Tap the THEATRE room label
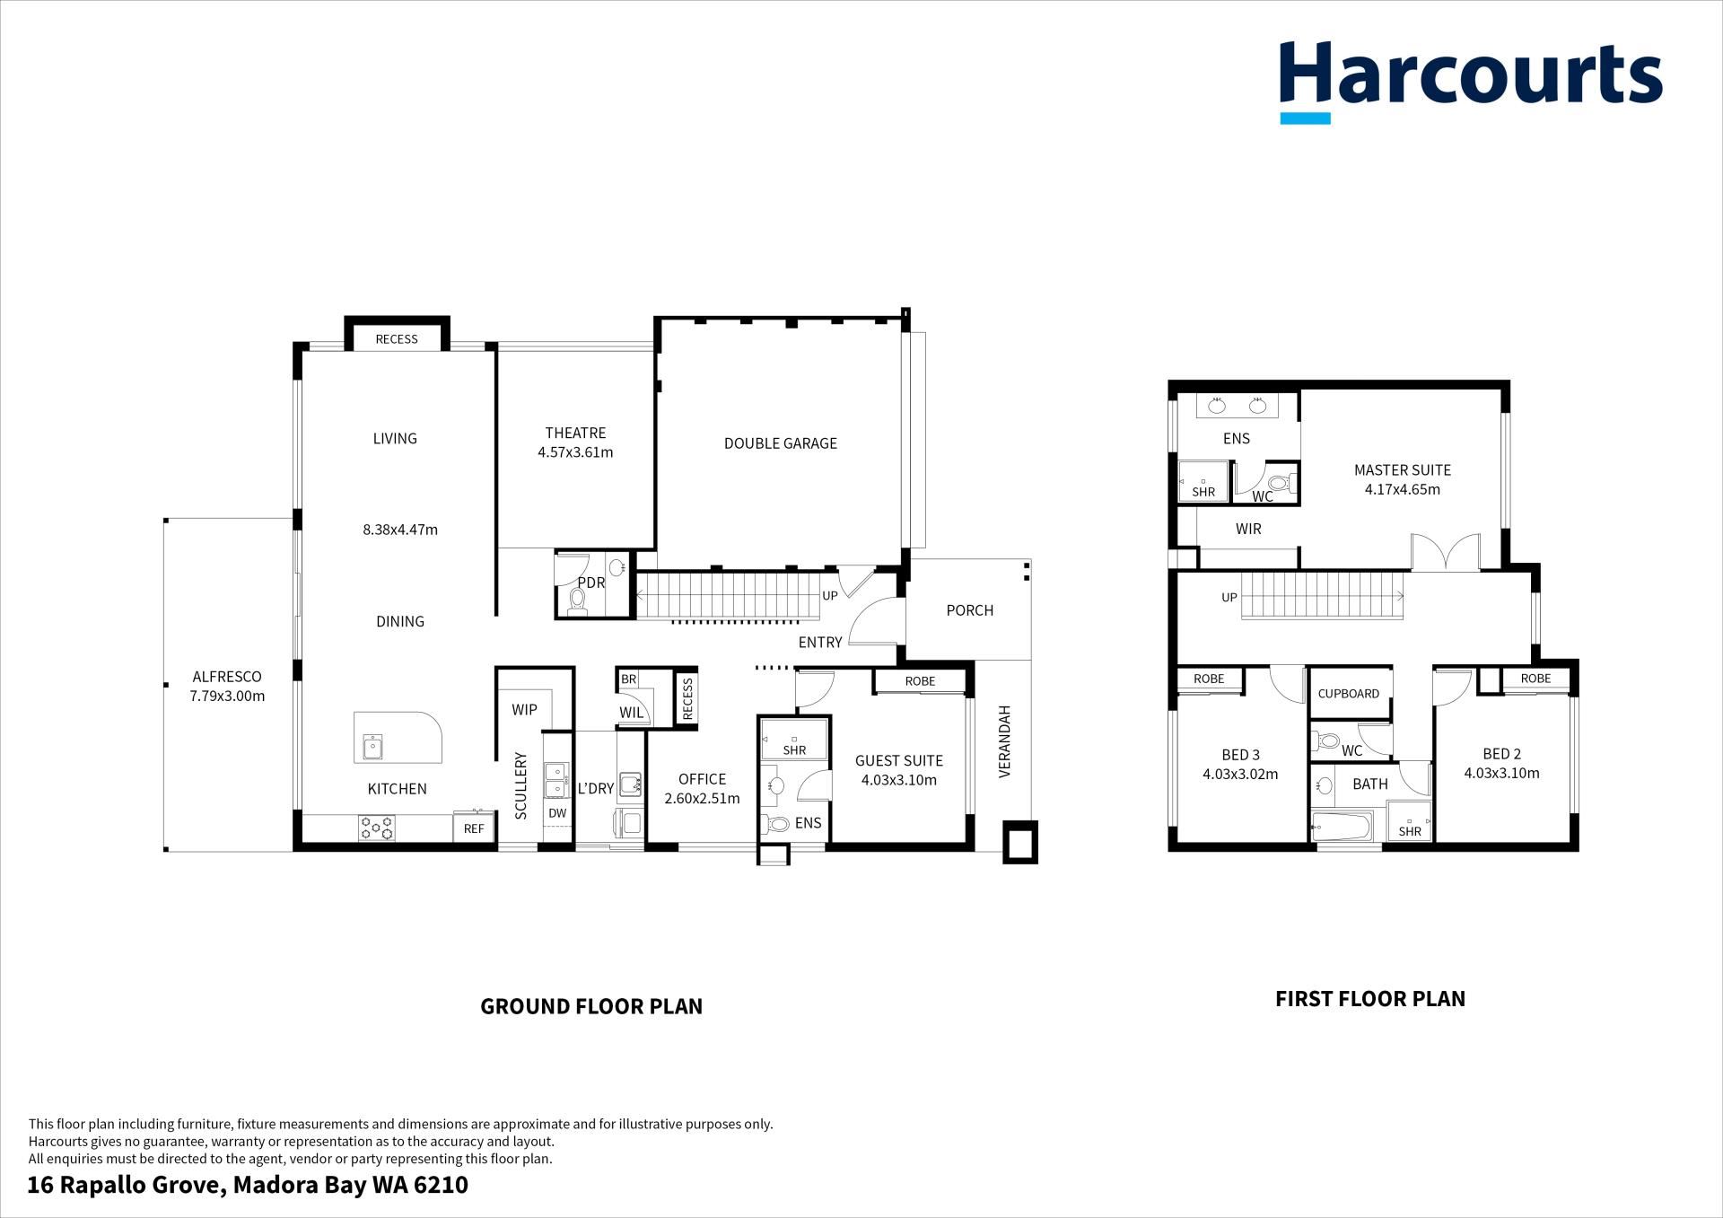pyautogui.click(x=575, y=433)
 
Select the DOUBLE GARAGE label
pyautogui.click(x=781, y=443)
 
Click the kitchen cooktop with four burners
pyautogui.click(x=377, y=828)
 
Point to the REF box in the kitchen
pyautogui.click(x=474, y=828)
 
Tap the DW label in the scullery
pyautogui.click(x=557, y=813)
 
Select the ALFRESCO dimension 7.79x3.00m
pyautogui.click(x=227, y=696)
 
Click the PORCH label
pyautogui.click(x=970, y=610)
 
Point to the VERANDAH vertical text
pyautogui.click(x=1005, y=741)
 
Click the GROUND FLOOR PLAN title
pyautogui.click(x=591, y=1006)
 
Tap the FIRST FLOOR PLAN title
pyautogui.click(x=1370, y=999)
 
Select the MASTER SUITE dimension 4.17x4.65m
pyautogui.click(x=1403, y=489)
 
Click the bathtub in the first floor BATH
pyautogui.click(x=1343, y=827)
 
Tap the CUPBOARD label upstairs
pyautogui.click(x=1349, y=694)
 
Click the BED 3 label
pyautogui.click(x=1240, y=755)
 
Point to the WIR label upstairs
pyautogui.click(x=1248, y=530)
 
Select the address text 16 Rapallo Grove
pyautogui.click(x=125, y=1186)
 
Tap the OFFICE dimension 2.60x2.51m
pyautogui.click(x=702, y=799)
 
